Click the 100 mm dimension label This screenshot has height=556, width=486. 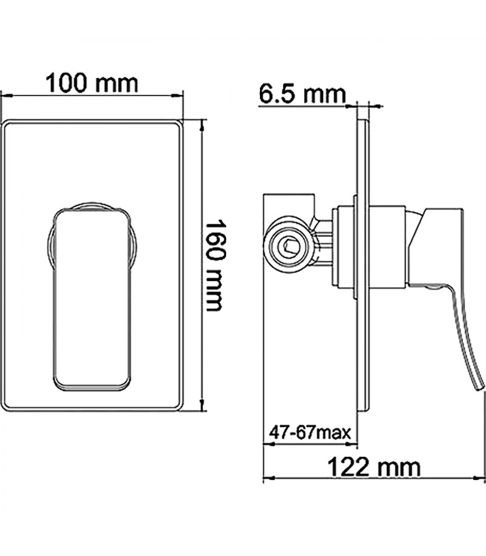pos(92,83)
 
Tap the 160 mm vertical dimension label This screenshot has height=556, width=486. pos(214,265)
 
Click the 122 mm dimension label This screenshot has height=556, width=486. pos(374,467)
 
